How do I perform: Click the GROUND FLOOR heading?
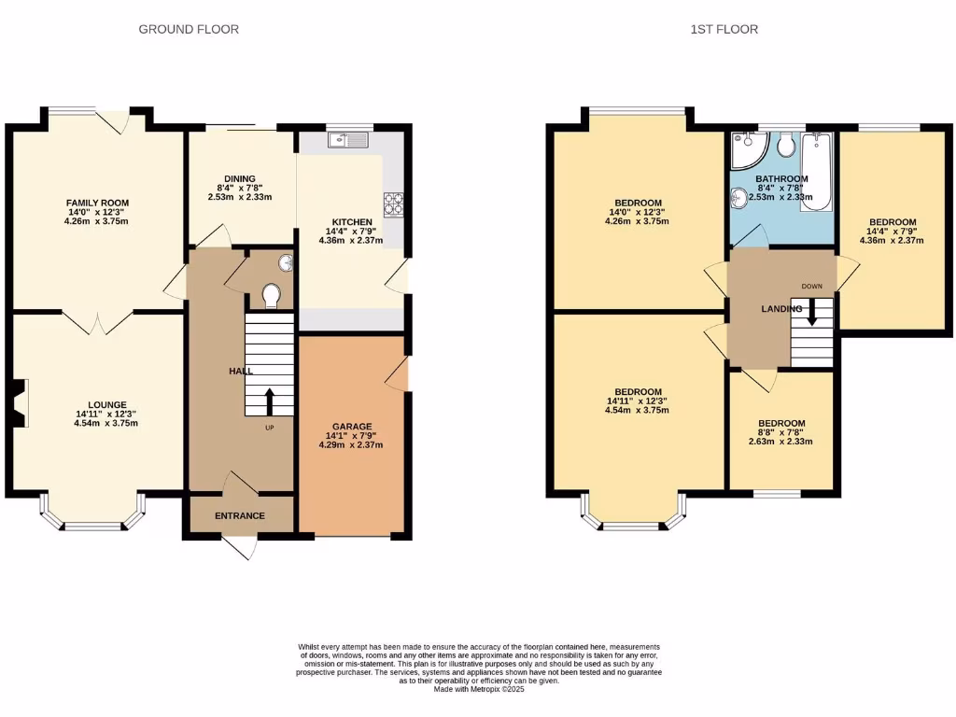coord(189,29)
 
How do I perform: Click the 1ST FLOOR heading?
coord(724,29)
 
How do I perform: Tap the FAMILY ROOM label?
coord(97,203)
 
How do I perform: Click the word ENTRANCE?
coord(240,515)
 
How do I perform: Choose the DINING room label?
coord(240,178)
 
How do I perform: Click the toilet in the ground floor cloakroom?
coord(272,296)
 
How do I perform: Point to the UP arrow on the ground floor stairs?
coord(270,401)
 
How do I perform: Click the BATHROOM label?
coord(781,179)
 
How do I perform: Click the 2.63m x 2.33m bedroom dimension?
coord(781,442)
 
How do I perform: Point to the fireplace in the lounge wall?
coord(20,402)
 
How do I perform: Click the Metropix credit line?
coord(478,690)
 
